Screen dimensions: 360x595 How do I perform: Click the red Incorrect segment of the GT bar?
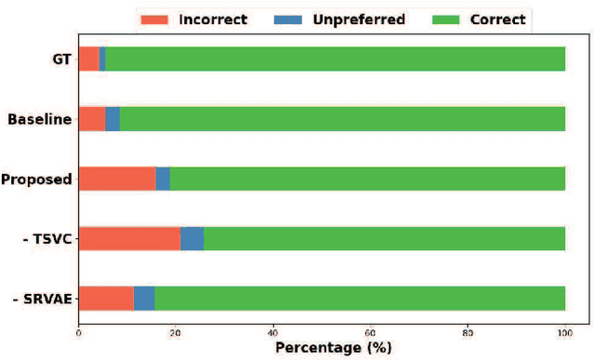[88, 60]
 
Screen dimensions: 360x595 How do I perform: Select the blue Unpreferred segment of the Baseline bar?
[112, 119]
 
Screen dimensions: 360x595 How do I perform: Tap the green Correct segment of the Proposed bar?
[367, 179]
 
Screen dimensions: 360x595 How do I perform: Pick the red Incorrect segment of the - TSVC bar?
[129, 238]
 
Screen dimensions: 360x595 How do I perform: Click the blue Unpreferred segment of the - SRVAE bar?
[144, 298]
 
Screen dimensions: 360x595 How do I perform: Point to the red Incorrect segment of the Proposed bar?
[117, 179]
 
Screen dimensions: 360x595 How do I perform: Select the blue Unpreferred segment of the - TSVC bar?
[192, 238]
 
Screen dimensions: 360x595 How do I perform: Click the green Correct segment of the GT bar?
[335, 60]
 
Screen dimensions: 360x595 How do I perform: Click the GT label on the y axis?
[61, 60]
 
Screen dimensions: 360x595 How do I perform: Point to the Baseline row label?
[39, 119]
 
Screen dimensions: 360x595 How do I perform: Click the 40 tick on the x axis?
[273, 330]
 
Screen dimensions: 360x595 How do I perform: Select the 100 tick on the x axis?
[564, 330]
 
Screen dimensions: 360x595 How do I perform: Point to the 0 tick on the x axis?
[79, 330]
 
